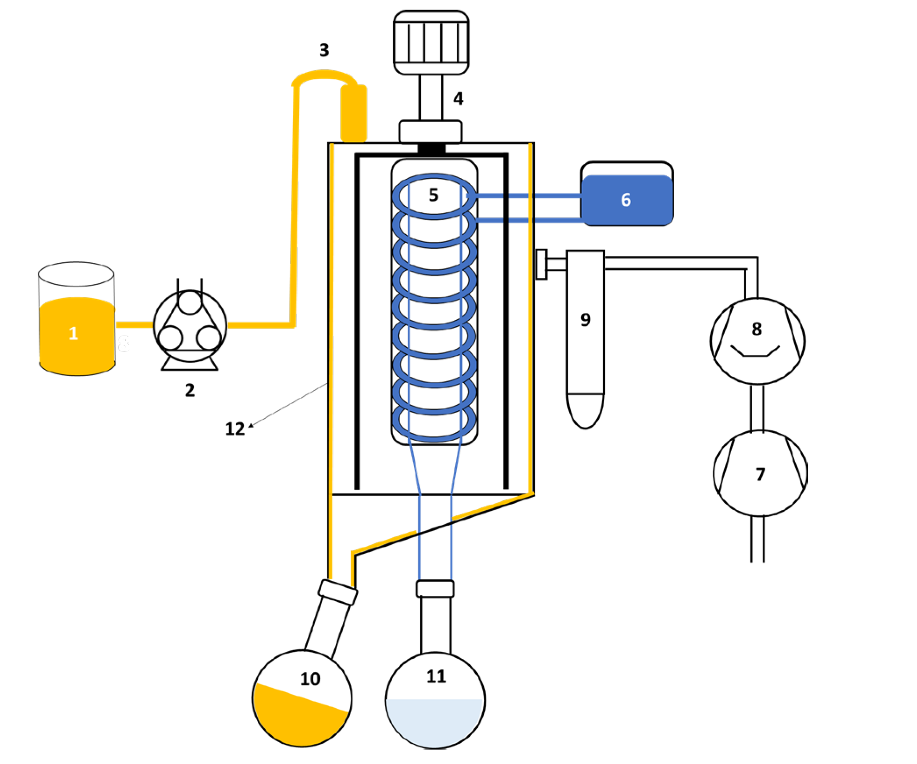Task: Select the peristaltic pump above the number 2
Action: click(x=190, y=326)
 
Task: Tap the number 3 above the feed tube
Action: click(x=324, y=50)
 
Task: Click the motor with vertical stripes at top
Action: click(x=431, y=42)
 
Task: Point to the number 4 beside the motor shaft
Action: click(x=458, y=99)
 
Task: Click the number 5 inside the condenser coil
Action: click(x=434, y=195)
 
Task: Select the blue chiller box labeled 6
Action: click(x=626, y=199)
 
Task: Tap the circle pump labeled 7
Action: click(x=760, y=474)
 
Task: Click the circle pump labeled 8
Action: click(x=757, y=341)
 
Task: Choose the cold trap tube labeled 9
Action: click(x=585, y=337)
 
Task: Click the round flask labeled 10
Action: click(x=302, y=697)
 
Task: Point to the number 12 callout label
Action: click(x=235, y=429)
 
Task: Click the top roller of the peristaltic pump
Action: click(x=190, y=302)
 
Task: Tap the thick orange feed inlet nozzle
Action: click(x=354, y=114)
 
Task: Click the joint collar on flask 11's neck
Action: click(x=435, y=588)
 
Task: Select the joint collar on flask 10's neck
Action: click(x=338, y=592)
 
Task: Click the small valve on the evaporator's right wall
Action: click(x=542, y=264)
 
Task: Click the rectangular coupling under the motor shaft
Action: click(x=430, y=131)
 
